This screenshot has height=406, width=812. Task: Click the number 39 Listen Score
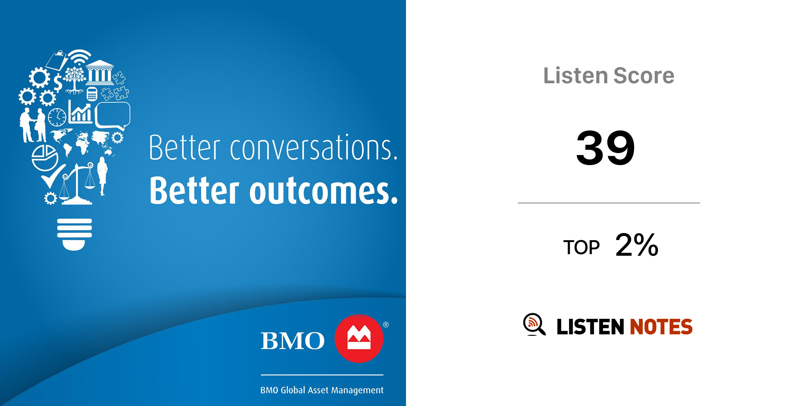(x=605, y=148)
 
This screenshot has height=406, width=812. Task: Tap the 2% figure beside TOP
(x=637, y=245)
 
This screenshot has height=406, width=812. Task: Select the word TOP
(x=581, y=248)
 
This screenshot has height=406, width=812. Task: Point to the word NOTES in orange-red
(x=661, y=327)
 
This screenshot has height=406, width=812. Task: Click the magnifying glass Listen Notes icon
(x=534, y=324)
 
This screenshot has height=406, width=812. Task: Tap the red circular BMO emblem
(x=359, y=339)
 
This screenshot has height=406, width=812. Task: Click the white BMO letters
(x=293, y=341)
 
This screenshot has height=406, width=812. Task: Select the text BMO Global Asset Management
(x=322, y=390)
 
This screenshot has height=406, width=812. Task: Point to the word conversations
(x=314, y=147)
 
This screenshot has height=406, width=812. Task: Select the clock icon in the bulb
(x=57, y=117)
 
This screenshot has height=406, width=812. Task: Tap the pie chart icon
(x=44, y=158)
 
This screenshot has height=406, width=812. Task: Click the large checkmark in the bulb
(x=53, y=176)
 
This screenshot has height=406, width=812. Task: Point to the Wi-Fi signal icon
(x=80, y=57)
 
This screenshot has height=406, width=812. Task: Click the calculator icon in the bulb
(x=92, y=94)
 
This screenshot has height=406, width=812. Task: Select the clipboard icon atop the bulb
(x=57, y=61)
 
